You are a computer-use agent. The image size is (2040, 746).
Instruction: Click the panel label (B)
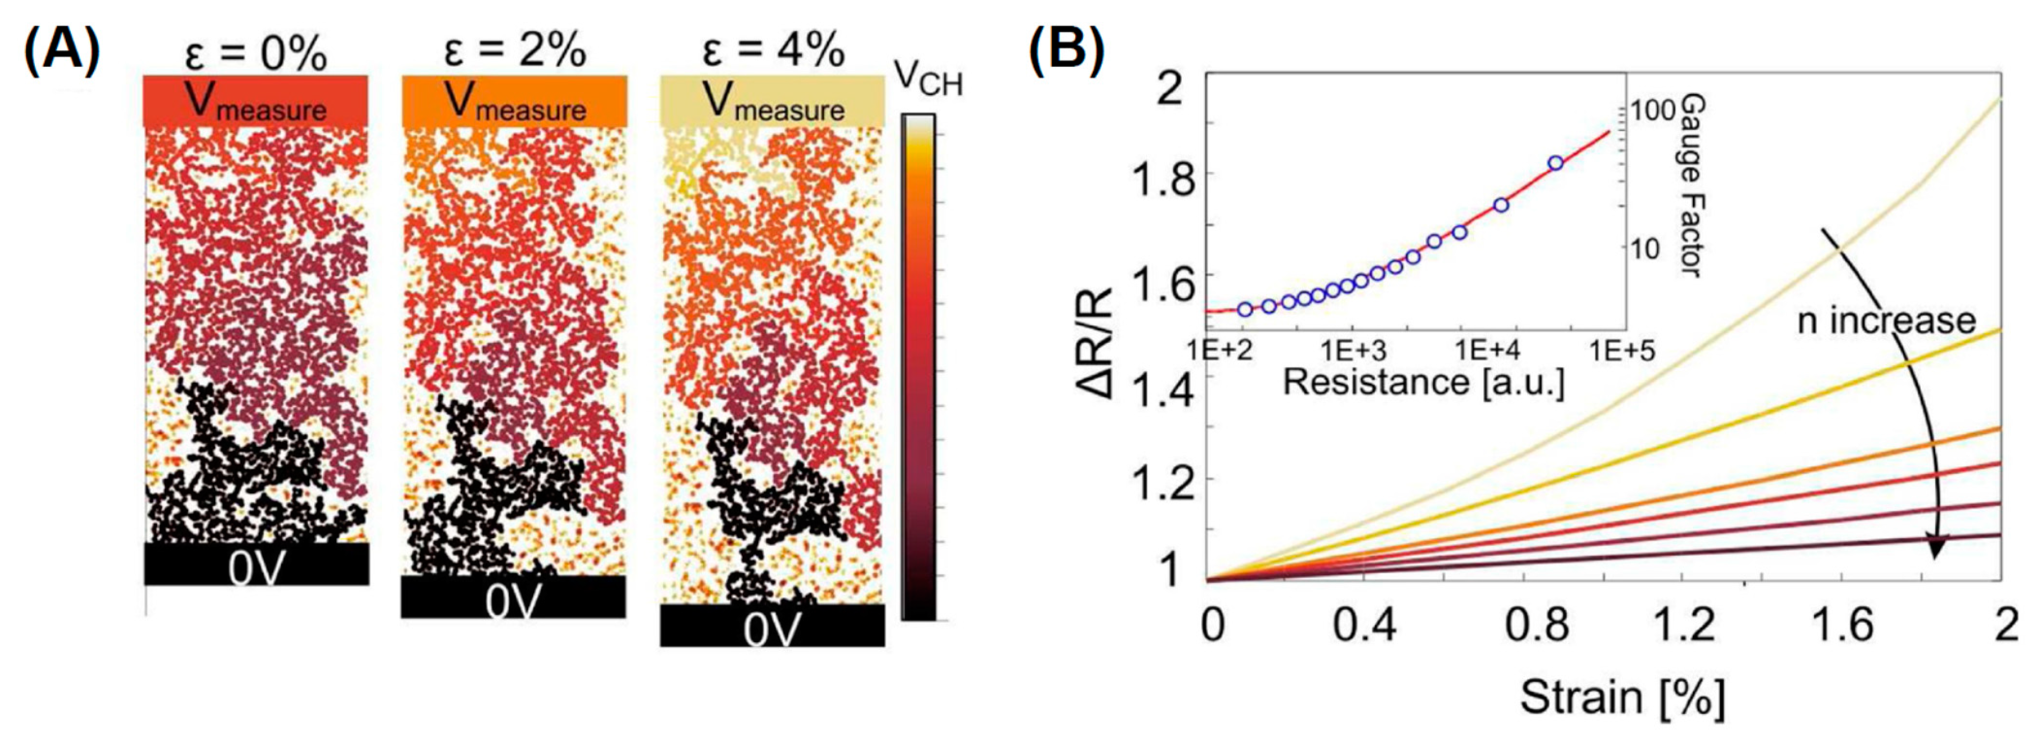(x=1066, y=49)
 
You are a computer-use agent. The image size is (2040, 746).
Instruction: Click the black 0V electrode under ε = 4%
(x=772, y=626)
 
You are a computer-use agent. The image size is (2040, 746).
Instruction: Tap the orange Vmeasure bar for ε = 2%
(x=515, y=101)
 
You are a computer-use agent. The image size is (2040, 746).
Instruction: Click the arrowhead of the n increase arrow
(x=1935, y=568)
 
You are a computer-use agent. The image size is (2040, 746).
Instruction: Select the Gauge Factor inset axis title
(x=1691, y=186)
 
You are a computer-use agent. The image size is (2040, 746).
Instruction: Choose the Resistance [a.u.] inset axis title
(x=1423, y=383)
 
